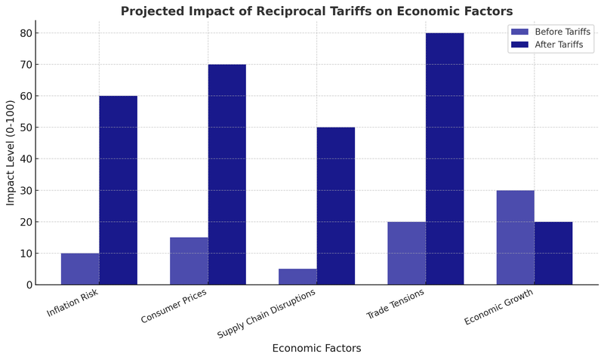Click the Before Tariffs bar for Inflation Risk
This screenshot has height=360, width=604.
[x=80, y=269]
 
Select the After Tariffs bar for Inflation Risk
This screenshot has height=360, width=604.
[x=118, y=190]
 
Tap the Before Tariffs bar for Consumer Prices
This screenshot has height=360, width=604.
[x=189, y=261]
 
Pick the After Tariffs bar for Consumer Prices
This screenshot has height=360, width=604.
[x=226, y=174]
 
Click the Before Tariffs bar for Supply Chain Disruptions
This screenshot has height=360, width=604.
[x=297, y=277]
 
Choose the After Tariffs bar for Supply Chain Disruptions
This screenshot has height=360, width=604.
[x=335, y=206]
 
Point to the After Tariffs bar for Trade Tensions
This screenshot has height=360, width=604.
[x=445, y=158]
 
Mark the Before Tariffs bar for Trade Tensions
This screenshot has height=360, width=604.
[x=406, y=254]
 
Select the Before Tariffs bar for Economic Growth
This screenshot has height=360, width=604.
[x=515, y=238]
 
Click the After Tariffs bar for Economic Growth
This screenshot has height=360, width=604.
[x=553, y=254]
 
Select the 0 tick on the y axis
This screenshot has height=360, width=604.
[x=29, y=285]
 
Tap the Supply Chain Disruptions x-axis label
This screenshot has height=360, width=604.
[x=266, y=313]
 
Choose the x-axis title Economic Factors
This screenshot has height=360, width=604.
[x=316, y=349]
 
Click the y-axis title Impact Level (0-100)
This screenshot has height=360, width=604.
[x=11, y=152]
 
